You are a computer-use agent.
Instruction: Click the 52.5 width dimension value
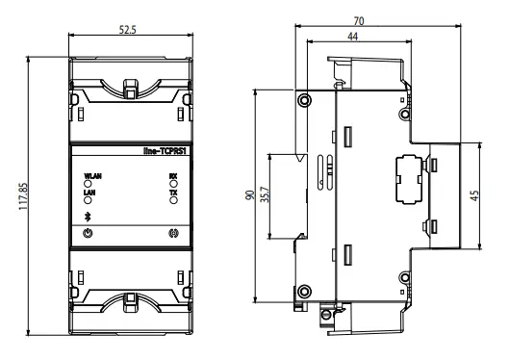[128, 30]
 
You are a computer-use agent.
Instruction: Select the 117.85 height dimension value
[23, 196]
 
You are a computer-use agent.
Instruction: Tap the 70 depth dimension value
[359, 21]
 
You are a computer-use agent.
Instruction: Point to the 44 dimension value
[353, 37]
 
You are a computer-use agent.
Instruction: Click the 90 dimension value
[250, 195]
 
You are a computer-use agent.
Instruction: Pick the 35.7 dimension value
[266, 194]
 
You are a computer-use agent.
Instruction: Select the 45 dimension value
[474, 195]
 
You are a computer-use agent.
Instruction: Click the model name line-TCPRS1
[165, 151]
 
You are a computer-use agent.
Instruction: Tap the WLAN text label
[92, 176]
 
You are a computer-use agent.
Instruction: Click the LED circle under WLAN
[88, 184]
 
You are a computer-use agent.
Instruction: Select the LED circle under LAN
[88, 200]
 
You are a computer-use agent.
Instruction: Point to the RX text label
[173, 176]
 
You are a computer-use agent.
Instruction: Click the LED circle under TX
[173, 200]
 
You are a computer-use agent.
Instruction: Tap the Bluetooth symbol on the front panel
[87, 217]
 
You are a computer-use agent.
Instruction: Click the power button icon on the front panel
[88, 233]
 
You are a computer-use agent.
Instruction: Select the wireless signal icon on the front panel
[173, 233]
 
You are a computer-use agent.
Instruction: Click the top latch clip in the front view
[130, 89]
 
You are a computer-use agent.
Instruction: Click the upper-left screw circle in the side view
[304, 100]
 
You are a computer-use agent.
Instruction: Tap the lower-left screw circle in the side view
[304, 292]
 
